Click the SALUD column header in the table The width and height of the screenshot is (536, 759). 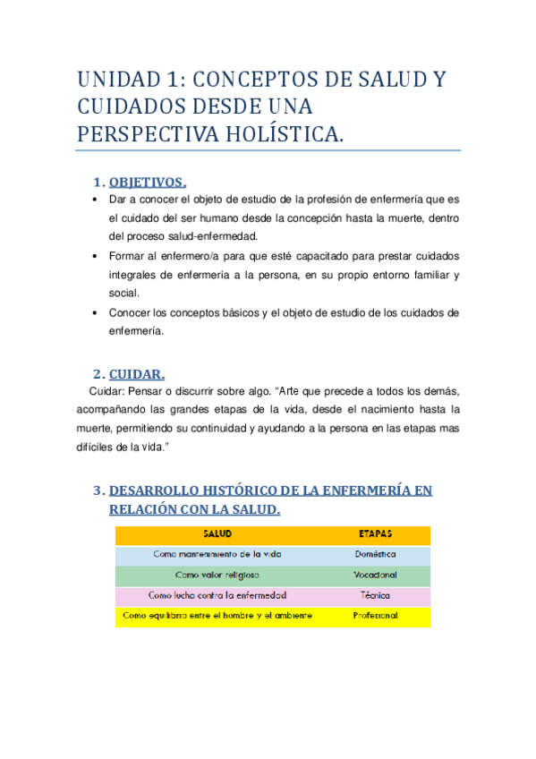click(x=217, y=533)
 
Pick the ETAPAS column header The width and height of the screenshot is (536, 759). click(x=375, y=533)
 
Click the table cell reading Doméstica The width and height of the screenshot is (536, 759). click(x=375, y=554)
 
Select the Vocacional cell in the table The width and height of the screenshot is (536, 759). click(x=375, y=575)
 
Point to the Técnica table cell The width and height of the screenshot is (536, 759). click(x=375, y=595)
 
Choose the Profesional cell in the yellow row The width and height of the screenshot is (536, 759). click(x=375, y=616)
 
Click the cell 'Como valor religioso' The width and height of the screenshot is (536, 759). click(x=217, y=575)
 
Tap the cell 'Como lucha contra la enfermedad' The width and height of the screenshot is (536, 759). click(x=217, y=595)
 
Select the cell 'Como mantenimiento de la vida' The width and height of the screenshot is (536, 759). click(x=217, y=554)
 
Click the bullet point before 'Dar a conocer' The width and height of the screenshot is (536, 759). click(x=95, y=200)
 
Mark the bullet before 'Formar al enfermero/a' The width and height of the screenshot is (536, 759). click(x=95, y=256)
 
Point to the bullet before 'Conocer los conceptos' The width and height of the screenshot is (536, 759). click(x=95, y=312)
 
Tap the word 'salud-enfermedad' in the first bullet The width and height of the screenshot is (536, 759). click(x=216, y=236)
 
